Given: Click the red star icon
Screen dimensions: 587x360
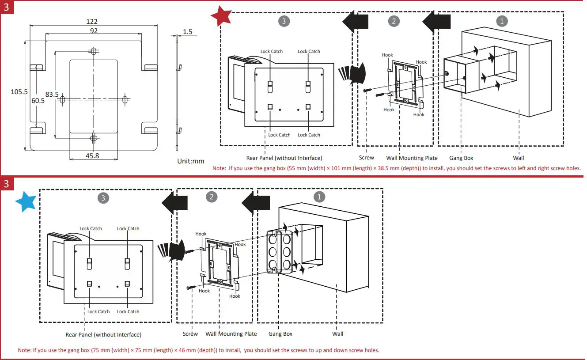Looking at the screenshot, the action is pos(221,16).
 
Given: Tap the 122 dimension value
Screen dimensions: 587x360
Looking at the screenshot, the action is pos(92,21).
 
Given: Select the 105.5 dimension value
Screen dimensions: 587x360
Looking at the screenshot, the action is pos(19,92).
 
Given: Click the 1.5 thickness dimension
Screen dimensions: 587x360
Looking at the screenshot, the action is pos(187,31).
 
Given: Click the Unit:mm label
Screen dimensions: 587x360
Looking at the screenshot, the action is pos(191,161).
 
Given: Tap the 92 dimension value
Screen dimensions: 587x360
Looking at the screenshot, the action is pos(94,31).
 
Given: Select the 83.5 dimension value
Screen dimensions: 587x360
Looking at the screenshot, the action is pos(52,94).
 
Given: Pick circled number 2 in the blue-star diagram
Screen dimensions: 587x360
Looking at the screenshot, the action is pos(212,197).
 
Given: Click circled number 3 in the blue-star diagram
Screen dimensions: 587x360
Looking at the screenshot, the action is pos(103,198).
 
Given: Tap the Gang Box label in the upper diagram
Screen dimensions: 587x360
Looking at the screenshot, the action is pos(461,158).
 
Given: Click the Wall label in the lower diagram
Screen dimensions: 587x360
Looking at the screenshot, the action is pos(337,333).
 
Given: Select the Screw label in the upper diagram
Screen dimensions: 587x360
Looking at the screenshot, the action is pos(366,158).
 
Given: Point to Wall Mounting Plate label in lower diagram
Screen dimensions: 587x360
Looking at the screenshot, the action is pos(231,334).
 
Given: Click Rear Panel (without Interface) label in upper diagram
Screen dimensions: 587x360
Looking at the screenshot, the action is pos(284,158).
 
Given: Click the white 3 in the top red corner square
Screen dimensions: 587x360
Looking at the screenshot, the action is pos(6,7).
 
